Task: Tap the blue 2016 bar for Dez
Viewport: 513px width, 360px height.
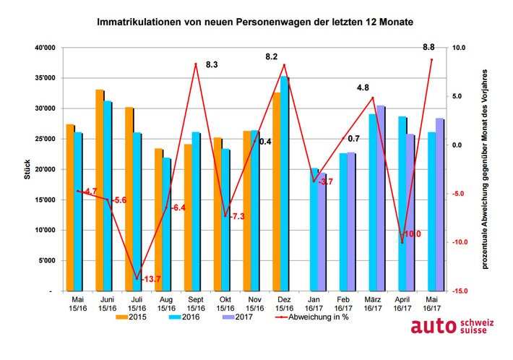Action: click(x=284, y=184)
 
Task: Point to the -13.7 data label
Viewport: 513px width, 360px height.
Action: click(x=150, y=280)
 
